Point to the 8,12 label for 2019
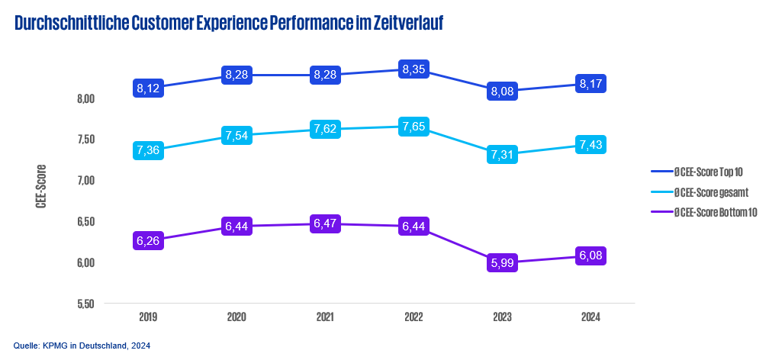coord(148,88)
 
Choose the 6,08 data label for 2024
coord(592,256)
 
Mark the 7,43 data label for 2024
coord(592,145)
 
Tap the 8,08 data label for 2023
coord(503,92)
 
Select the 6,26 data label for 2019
coord(148,239)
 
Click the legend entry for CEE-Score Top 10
coord(706,174)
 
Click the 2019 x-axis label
coord(148,317)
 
